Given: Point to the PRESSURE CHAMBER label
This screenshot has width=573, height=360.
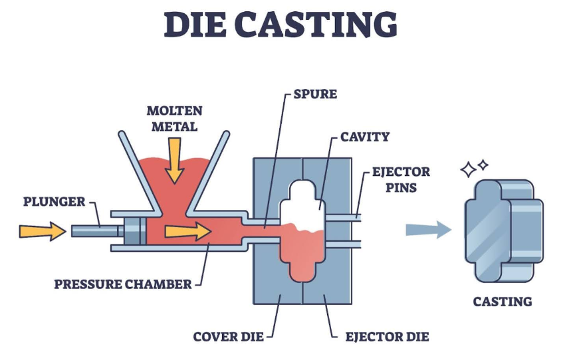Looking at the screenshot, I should click(122, 284).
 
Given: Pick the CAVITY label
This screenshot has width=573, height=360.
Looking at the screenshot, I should click(365, 137).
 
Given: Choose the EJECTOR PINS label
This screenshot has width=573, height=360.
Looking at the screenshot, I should click(401, 179).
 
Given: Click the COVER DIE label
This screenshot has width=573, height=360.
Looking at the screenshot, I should click(229, 337).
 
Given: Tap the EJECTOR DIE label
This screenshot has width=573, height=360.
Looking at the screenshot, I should click(387, 337).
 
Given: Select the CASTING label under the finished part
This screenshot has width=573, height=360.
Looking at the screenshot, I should click(503, 302).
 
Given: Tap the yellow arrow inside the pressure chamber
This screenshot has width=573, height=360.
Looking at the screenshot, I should click(187, 230).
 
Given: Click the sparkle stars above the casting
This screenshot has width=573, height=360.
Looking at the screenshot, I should click(474, 168).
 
